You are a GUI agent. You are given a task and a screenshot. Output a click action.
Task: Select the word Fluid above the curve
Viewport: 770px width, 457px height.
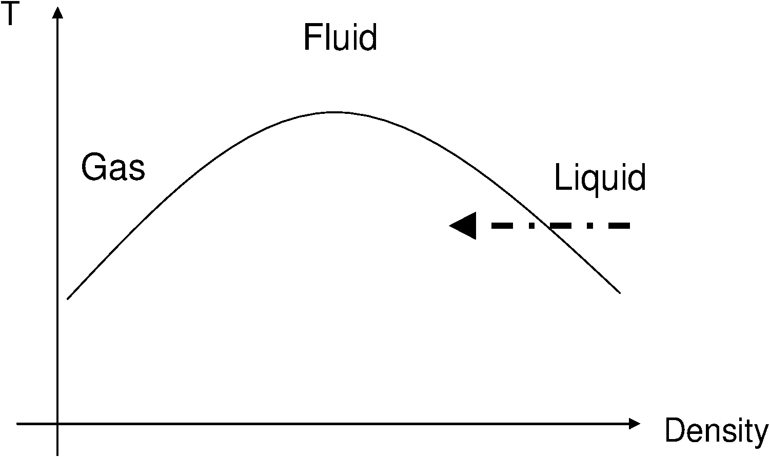[340, 36]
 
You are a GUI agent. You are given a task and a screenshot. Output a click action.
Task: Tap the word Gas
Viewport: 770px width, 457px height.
[113, 168]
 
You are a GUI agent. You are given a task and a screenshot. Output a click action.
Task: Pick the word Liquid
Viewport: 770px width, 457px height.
[600, 178]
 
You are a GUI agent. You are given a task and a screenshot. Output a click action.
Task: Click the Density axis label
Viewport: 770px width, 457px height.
[717, 431]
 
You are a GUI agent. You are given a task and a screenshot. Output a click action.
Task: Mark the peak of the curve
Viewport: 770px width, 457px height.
[333, 112]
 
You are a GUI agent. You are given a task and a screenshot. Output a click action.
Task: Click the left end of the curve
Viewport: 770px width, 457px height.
[68, 299]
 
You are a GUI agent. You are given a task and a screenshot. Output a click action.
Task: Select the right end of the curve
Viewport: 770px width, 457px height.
[620, 293]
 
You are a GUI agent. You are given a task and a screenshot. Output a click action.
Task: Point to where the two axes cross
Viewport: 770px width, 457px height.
[58, 424]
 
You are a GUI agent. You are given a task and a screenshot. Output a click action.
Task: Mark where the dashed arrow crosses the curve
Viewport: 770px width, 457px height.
[542, 225]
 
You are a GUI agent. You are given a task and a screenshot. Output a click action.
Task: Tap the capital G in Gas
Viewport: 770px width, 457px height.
[92, 168]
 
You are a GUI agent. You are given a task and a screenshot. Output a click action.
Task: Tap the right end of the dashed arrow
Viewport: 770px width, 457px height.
[629, 225]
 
